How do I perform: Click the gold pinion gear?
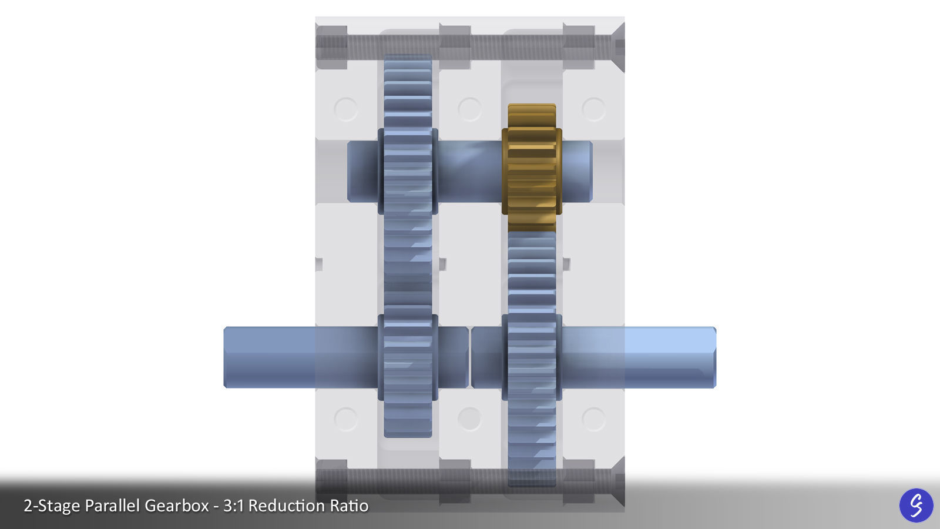click(532, 168)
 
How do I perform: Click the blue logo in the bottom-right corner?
click(916, 505)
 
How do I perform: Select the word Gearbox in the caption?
click(177, 505)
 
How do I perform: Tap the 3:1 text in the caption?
click(234, 505)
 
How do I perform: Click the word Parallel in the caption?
click(112, 505)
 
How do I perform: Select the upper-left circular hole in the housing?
click(345, 109)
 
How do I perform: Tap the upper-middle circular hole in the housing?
click(469, 109)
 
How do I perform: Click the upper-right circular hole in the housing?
click(593, 109)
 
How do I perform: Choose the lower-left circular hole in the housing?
click(345, 419)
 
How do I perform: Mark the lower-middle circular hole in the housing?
click(469, 419)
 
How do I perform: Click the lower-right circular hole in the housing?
click(593, 419)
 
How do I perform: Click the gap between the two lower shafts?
click(470, 357)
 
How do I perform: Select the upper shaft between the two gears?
click(469, 172)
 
